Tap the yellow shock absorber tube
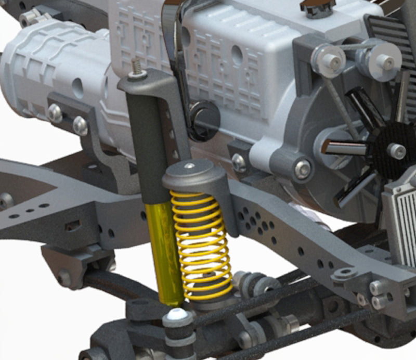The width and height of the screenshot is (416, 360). [x=164, y=250]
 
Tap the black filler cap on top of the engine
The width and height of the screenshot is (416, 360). [x=317, y=8]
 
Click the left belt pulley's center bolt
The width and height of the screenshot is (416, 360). [x=330, y=60]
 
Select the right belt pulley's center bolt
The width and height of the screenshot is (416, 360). [x=385, y=61]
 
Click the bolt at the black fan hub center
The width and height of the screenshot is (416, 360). [x=397, y=151]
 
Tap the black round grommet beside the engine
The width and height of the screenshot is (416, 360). [x=204, y=120]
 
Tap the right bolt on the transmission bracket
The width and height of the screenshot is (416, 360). [x=80, y=125]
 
